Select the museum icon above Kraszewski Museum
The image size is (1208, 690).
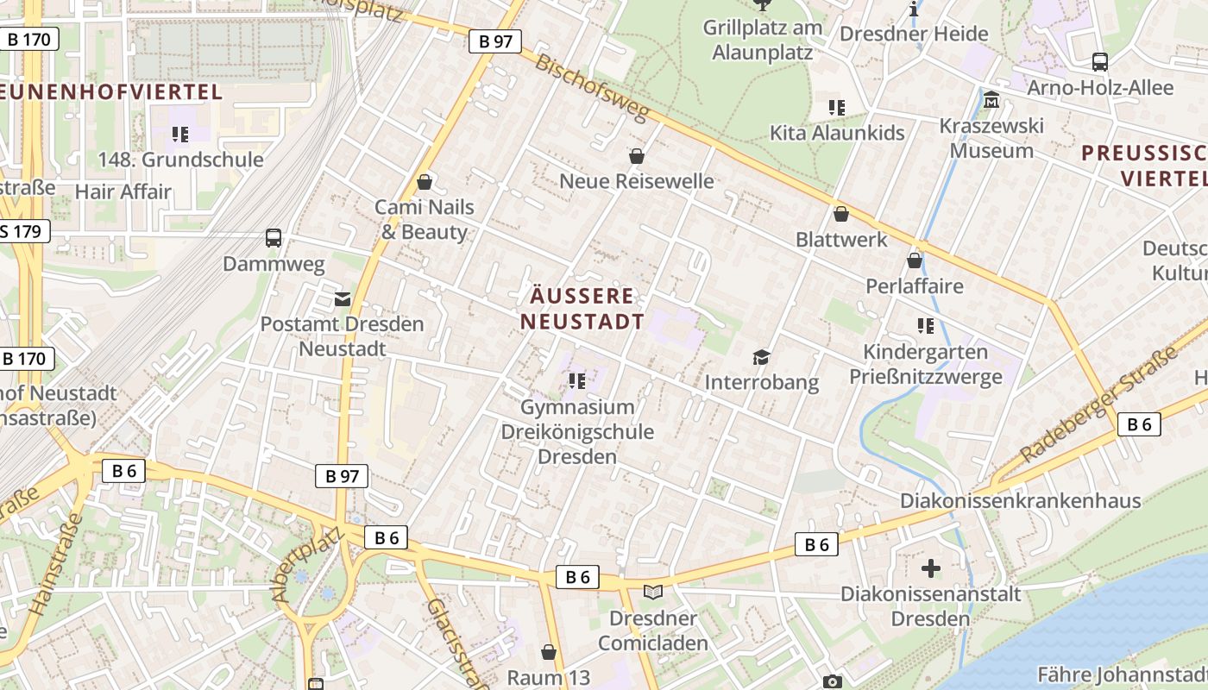coord(991,101)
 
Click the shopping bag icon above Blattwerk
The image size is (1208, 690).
coord(841,214)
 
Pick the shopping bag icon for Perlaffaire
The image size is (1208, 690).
coord(915,260)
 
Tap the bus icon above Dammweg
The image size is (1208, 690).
coord(274,238)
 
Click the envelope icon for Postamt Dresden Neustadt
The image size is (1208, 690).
coord(343,299)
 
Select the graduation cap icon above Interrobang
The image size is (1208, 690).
coord(761,357)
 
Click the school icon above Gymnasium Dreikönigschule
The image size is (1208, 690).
coord(577,380)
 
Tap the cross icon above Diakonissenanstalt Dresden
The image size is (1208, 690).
coord(931,568)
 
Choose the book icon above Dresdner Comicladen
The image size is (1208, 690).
coord(654,593)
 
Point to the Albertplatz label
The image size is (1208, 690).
coord(307,565)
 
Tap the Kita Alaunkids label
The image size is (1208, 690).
coord(837,133)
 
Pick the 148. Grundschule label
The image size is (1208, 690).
coord(180,160)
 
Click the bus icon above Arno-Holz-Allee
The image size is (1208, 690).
coord(1100,62)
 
